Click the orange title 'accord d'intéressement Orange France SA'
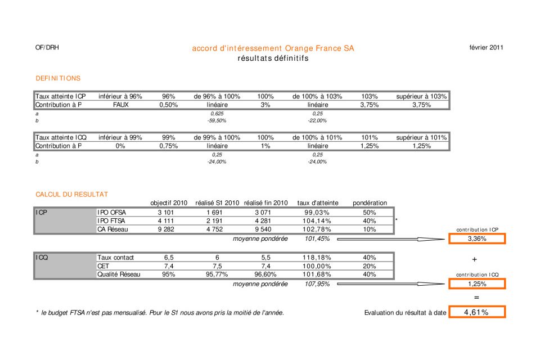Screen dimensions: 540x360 (273, 48)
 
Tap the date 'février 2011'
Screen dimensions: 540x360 (486, 48)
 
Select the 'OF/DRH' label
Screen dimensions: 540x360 (47, 48)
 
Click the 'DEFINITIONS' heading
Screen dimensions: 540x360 (58, 78)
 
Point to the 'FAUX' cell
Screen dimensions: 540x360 (120, 105)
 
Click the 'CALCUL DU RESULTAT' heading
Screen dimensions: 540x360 (71, 194)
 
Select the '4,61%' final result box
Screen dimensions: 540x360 (477, 312)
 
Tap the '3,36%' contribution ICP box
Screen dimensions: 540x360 (477, 238)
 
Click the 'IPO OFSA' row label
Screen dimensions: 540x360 (111, 213)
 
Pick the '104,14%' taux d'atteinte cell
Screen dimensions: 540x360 (317, 221)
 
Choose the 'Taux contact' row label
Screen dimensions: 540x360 (115, 257)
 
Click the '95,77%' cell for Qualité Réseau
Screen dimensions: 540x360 (217, 274)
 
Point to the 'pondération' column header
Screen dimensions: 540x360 (370, 203)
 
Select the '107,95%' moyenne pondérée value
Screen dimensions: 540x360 (317, 284)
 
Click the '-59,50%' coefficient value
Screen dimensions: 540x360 (217, 120)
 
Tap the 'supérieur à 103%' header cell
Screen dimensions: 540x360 (421, 96)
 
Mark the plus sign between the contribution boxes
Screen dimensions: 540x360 (475, 259)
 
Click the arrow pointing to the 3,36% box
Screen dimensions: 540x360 (391, 239)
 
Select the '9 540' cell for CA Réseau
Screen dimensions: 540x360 (263, 229)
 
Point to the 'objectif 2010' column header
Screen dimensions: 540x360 (169, 203)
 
